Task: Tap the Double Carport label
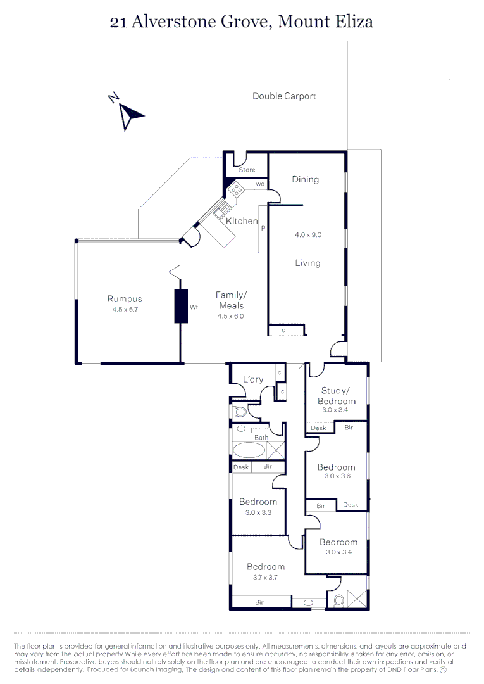(284, 96)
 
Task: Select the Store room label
(247, 170)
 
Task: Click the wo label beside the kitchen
(260, 184)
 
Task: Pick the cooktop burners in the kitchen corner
(237, 189)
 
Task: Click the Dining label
(305, 179)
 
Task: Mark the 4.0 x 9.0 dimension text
(308, 234)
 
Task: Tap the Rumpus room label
(125, 299)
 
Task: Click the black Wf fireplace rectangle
(182, 306)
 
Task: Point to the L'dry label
(253, 379)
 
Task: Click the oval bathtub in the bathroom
(249, 450)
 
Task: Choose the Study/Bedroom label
(338, 395)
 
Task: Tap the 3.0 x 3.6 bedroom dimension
(336, 476)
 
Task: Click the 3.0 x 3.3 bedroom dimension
(258, 512)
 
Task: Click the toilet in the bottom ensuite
(338, 598)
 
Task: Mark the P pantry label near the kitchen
(263, 228)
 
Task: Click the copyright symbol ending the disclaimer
(443, 669)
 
